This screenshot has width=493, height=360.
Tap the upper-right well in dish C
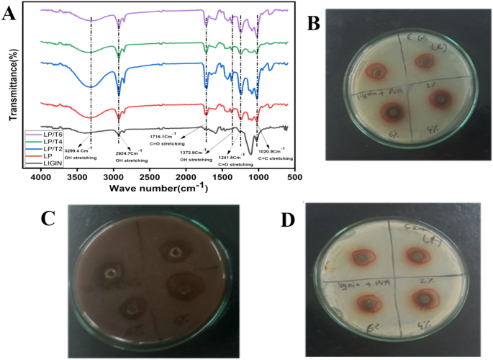(x=174, y=252)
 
